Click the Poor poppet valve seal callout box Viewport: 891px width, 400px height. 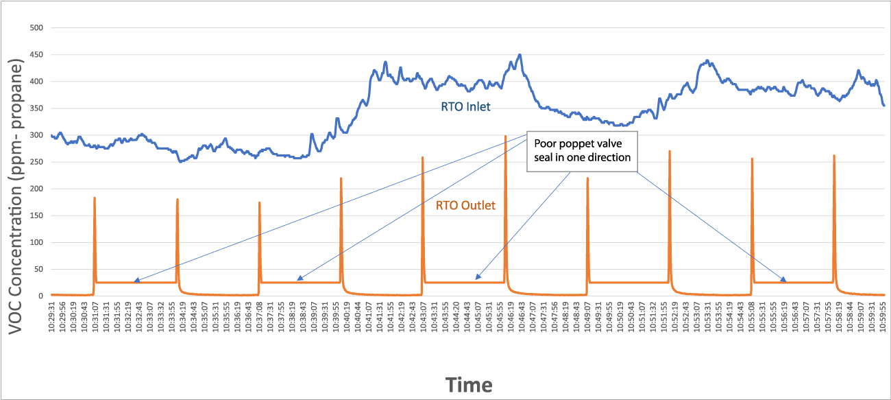[x=582, y=150]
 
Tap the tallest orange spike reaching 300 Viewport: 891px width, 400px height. [x=505, y=137]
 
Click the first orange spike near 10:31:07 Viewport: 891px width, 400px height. [x=95, y=198]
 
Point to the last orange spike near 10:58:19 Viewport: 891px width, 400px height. [x=834, y=156]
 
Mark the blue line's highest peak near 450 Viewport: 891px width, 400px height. [x=520, y=55]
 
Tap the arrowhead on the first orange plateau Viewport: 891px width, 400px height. [x=136, y=281]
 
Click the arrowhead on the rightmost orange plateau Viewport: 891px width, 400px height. [x=783, y=281]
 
